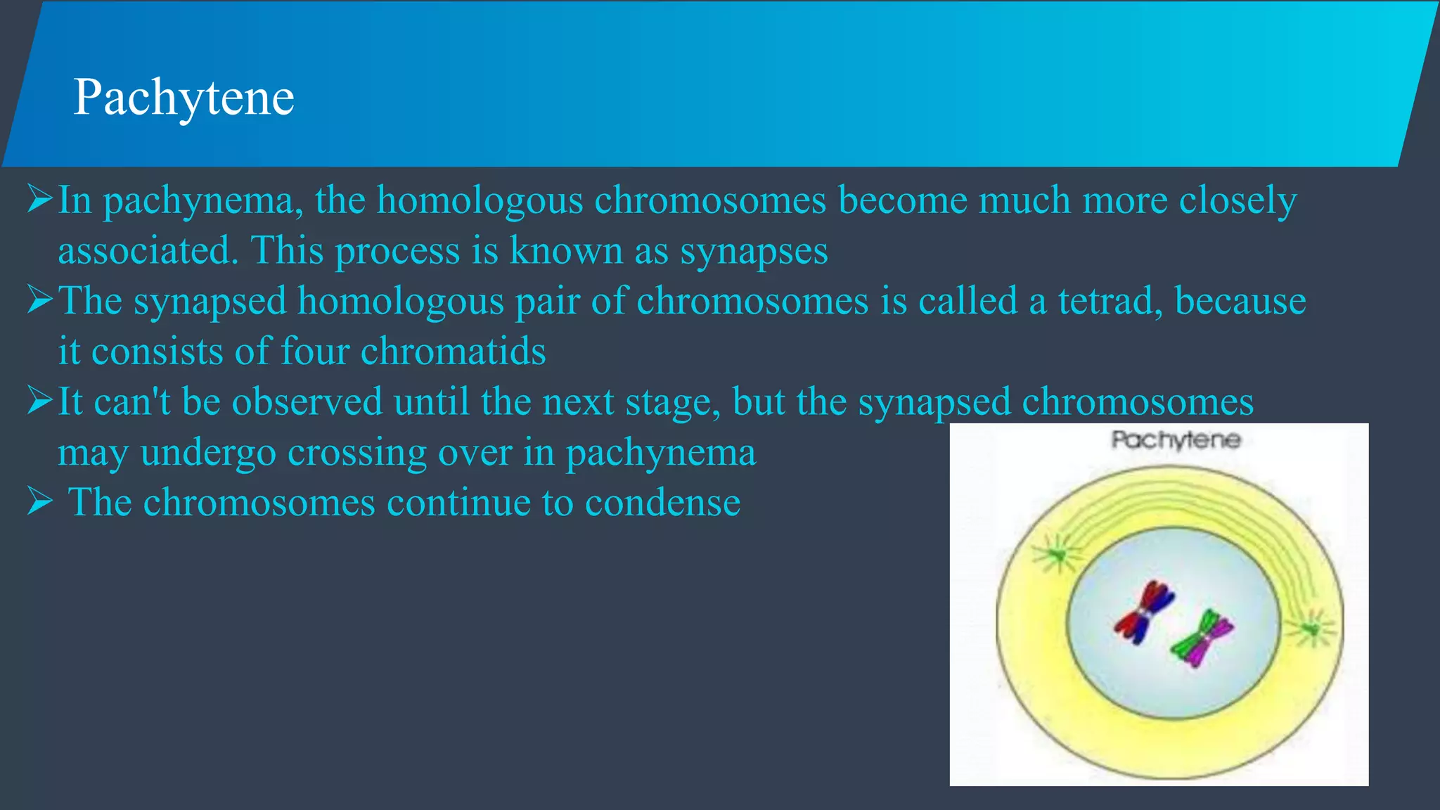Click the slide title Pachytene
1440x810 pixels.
184,97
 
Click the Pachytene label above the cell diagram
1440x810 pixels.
1176,440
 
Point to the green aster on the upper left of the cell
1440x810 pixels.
1056,555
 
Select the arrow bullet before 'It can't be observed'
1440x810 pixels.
39,401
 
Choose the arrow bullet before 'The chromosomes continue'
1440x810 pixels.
39,502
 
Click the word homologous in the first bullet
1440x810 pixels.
480,200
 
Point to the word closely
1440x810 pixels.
1237,200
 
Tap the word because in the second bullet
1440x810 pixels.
1240,301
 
